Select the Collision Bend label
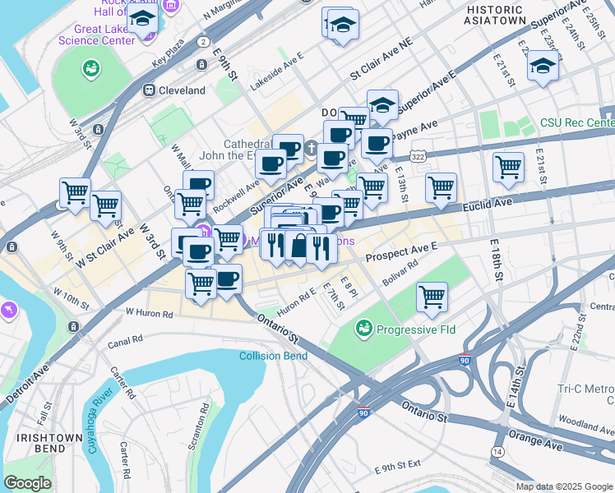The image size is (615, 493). [274, 356]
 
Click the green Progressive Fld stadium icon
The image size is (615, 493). [363, 330]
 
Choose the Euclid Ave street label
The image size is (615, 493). [492, 201]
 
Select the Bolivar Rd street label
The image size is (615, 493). [400, 264]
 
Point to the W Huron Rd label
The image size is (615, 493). [149, 313]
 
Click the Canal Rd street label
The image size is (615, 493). [125, 338]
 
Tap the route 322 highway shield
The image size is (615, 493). [418, 155]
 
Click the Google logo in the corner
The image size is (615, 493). [27, 483]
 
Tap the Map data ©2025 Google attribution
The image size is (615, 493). [563, 486]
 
